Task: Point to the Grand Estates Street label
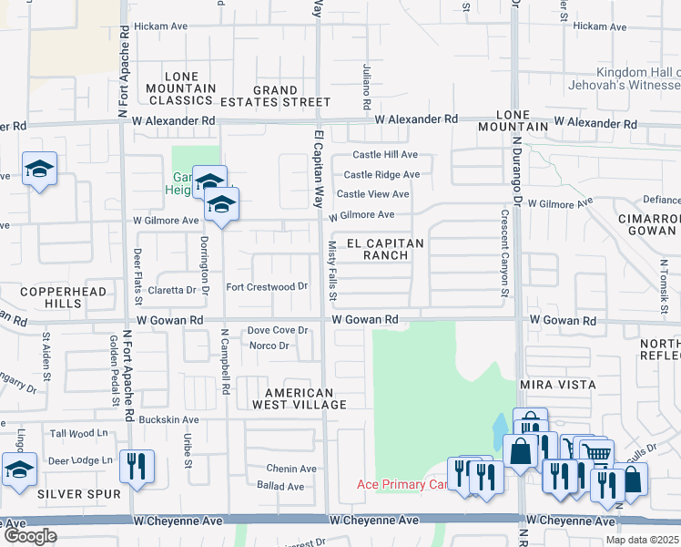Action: point(276,97)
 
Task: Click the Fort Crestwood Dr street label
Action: point(267,286)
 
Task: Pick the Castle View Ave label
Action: point(372,194)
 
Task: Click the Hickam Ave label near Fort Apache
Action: point(160,26)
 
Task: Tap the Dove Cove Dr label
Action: point(280,330)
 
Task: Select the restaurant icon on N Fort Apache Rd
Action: point(137,465)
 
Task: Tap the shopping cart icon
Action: point(595,453)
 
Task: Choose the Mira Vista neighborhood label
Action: point(557,385)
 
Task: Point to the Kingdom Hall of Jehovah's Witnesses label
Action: point(637,79)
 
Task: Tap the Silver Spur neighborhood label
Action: point(66,493)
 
